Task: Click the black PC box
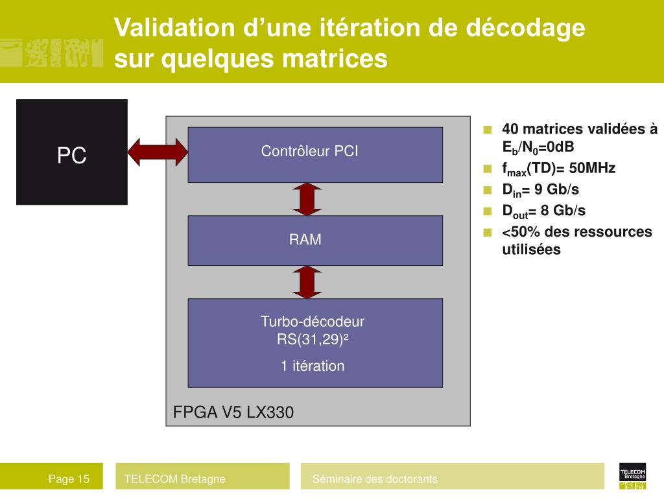[71, 152]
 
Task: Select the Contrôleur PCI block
[314, 154]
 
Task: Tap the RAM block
[314, 240]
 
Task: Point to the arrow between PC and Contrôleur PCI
[158, 152]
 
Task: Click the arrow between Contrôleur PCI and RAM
[306, 199]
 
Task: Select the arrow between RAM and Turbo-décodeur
[306, 282]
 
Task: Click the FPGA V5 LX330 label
[233, 412]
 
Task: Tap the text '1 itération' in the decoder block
[313, 366]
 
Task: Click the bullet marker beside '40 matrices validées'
[488, 129]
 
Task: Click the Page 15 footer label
[69, 479]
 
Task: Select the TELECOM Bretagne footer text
[175, 479]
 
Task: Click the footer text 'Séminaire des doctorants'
[375, 479]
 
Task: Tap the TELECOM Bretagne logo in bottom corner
[632, 477]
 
